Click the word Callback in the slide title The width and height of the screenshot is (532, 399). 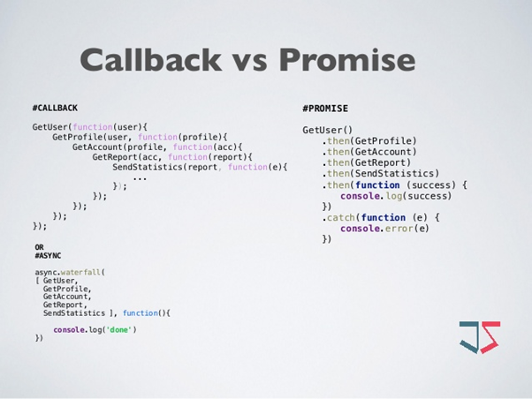tap(150, 59)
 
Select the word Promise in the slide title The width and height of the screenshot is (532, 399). tap(346, 59)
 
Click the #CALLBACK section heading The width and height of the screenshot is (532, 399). tap(55, 108)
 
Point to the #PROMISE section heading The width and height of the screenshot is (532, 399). tap(325, 109)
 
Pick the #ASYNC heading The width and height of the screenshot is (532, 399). tap(48, 255)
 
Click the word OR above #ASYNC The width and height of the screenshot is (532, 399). tap(39, 247)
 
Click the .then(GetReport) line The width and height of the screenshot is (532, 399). tap(367, 162)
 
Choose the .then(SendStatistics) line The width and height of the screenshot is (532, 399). tap(381, 174)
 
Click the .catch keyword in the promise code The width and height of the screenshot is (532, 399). tap(339, 217)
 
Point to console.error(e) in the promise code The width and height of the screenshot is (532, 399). tap(384, 229)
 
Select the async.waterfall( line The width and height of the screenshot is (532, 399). tap(70, 272)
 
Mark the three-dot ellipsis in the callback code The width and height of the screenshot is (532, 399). tap(140, 177)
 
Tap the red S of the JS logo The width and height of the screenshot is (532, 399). tap(489, 337)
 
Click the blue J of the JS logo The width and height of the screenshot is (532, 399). tap(469, 337)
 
